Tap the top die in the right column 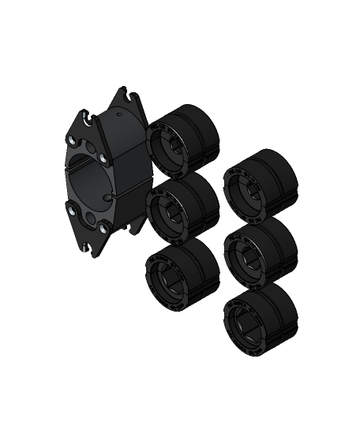pos(260,185)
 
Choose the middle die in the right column pos(260,251)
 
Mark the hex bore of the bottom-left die pos(168,276)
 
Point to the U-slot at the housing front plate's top pos(84,120)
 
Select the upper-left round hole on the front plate pos(73,140)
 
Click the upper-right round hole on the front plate pos(103,159)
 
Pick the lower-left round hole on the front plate pos(73,209)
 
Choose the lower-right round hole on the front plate pos(103,228)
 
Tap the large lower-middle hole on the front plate pos(91,219)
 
